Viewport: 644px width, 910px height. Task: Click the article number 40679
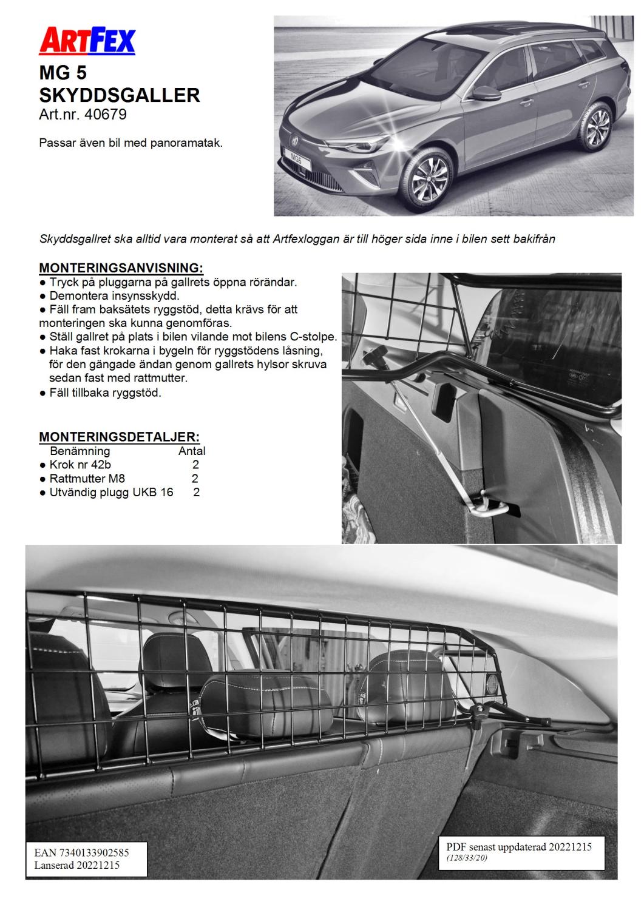(107, 114)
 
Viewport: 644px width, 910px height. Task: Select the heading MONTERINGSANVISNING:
(121, 268)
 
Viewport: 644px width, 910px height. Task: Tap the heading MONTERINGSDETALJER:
(119, 437)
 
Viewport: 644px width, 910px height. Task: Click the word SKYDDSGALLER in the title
(119, 95)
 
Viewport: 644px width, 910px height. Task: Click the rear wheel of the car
(594, 127)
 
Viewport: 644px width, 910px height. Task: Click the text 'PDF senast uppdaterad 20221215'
(518, 846)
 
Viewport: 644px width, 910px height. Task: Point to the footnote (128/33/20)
(467, 858)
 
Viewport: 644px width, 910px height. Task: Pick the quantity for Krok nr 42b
(195, 465)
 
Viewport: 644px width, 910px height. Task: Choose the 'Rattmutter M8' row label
(87, 479)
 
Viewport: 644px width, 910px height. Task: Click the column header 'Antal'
(192, 451)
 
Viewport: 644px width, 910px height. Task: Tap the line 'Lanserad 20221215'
(76, 865)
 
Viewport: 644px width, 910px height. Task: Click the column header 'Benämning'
(80, 451)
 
